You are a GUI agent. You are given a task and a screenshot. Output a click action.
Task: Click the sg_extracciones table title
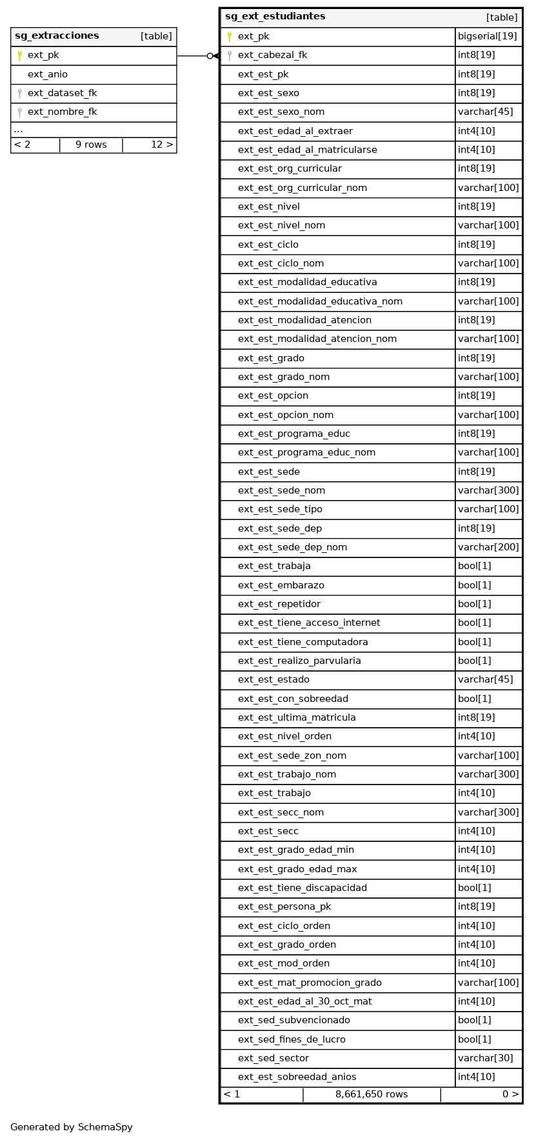point(57,36)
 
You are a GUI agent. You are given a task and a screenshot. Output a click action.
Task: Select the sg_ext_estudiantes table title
point(275,17)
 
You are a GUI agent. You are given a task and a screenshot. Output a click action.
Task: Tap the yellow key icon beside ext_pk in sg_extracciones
point(19,55)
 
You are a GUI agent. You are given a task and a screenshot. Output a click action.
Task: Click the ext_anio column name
point(48,74)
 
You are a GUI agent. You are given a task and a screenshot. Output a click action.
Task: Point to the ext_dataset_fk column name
point(62,93)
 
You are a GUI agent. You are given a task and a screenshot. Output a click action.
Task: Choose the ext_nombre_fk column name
point(62,112)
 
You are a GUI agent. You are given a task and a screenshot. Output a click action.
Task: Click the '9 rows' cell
point(91,145)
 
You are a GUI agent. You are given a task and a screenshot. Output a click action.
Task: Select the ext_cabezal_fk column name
point(272,55)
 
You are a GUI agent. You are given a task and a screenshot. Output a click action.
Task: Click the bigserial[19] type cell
point(488,36)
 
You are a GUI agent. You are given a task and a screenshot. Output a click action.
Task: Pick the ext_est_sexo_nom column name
point(281,112)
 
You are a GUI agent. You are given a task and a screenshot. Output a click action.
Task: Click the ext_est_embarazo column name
point(281,585)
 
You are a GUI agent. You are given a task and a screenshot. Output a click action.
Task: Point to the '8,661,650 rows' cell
point(371,1094)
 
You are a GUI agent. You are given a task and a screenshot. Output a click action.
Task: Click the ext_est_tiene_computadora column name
point(303,642)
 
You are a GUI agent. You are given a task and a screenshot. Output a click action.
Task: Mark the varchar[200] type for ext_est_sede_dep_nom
point(488,547)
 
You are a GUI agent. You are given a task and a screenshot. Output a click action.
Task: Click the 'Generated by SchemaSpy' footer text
point(72,1127)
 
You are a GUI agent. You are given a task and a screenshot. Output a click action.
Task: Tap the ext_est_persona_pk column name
point(284,906)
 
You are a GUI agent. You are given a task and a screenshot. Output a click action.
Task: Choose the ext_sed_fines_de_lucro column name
point(292,1039)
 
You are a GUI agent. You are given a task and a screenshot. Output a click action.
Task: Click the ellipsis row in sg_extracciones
point(18,130)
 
